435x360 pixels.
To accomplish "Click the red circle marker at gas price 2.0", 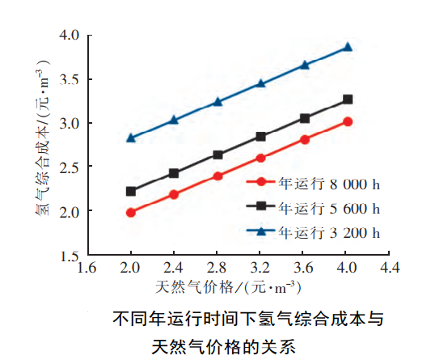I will pos(131,213).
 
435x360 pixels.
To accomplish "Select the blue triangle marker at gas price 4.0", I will pos(348,47).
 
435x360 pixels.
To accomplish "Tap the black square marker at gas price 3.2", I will pos(260,137).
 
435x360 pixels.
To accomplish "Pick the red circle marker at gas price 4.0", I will pos(348,121).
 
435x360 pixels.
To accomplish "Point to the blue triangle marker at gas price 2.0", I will pos(131,138).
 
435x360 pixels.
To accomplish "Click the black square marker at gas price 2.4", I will pos(174,173).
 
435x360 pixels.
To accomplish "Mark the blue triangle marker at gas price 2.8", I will pos(217,102).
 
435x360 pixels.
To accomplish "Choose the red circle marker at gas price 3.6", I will pos(305,139).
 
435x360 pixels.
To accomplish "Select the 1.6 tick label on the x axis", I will pos(87,266).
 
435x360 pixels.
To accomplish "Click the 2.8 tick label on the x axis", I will pos(217,266).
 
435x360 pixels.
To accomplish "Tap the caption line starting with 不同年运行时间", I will pos(247,319).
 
